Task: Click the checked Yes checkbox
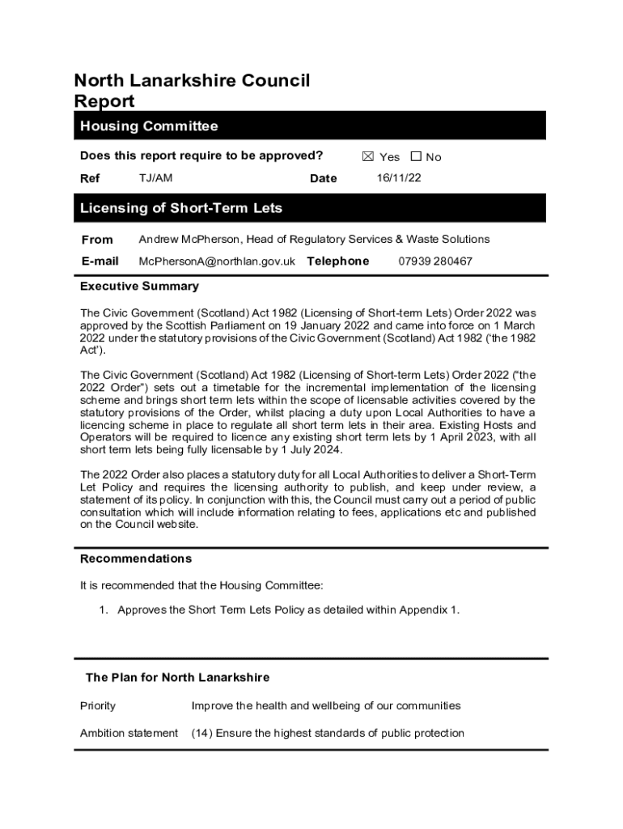pos(367,157)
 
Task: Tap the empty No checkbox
pos(416,157)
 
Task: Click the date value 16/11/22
pos(399,178)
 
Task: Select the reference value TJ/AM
pos(155,178)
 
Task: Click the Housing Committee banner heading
pos(149,126)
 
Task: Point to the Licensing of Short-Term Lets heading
pos(181,208)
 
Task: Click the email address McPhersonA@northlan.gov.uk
pos(217,261)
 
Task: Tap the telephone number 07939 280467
pos(435,261)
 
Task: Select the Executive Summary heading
pos(139,287)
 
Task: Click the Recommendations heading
pos(136,559)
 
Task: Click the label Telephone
pos(337,261)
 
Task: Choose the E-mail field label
pos(100,261)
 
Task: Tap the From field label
pos(97,240)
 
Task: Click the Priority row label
pos(98,706)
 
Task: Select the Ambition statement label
pos(129,733)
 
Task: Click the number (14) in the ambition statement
pos(201,733)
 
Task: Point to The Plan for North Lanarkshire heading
pos(178,678)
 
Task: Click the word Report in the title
pos(104,101)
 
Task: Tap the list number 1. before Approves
pos(104,610)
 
